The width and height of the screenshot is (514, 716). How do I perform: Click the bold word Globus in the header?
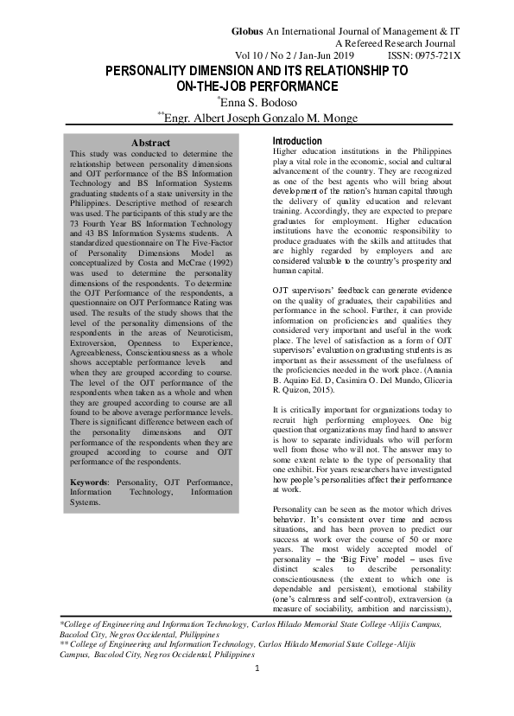(249, 31)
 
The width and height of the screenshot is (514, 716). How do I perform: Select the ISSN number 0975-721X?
(431, 56)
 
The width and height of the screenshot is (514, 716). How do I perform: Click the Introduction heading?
(297, 141)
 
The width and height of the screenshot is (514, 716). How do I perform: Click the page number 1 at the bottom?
(257, 693)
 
